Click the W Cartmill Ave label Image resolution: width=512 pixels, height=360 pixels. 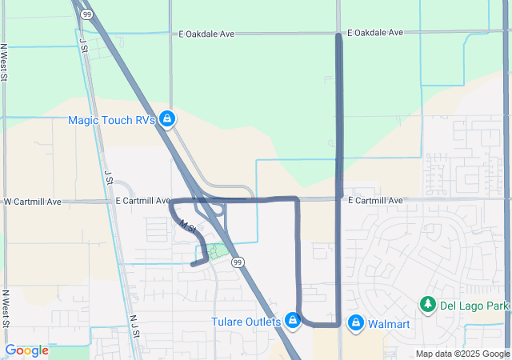(33, 202)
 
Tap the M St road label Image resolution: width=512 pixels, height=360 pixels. (187, 226)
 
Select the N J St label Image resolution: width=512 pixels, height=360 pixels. (134, 323)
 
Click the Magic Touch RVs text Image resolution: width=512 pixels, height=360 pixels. (111, 120)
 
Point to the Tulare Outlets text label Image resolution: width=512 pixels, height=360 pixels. (246, 322)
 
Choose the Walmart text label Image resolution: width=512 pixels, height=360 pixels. (390, 324)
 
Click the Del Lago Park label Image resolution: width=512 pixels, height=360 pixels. (475, 306)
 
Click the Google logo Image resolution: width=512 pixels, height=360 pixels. (26, 350)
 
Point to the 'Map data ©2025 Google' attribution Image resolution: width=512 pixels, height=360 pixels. (462, 354)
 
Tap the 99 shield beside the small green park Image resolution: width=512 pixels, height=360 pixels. (238, 262)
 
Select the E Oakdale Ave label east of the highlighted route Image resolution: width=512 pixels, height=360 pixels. (376, 34)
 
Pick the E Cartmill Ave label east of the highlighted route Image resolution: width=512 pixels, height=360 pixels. (376, 199)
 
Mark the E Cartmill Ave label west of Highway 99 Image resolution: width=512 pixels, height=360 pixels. (143, 201)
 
